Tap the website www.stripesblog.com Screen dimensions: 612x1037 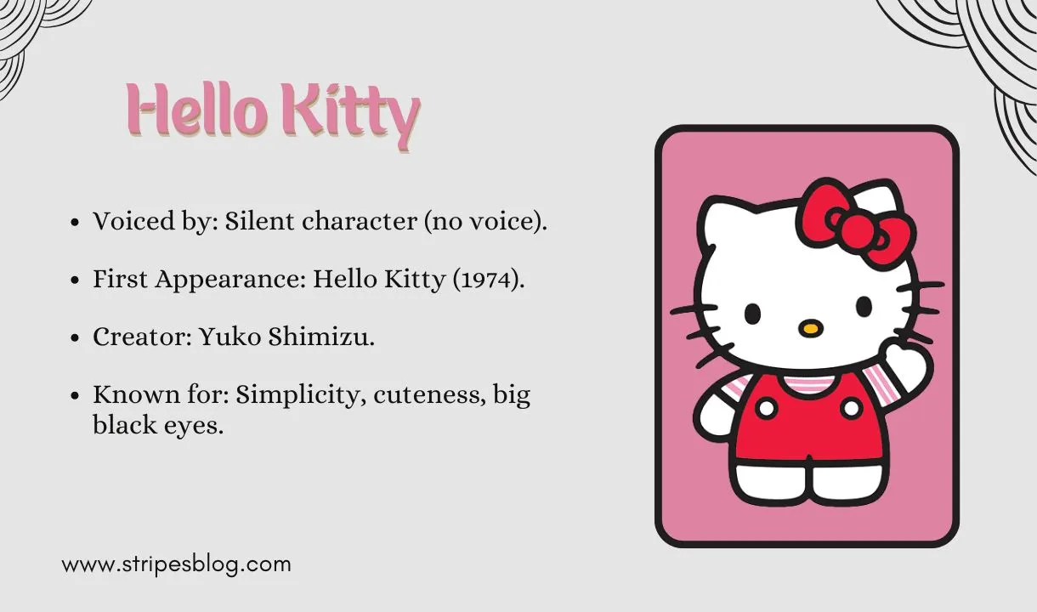[x=177, y=564]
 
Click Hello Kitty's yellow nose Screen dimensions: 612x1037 [x=812, y=326]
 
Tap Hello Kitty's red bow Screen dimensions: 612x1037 [x=854, y=219]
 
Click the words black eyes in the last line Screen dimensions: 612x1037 [x=158, y=426]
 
